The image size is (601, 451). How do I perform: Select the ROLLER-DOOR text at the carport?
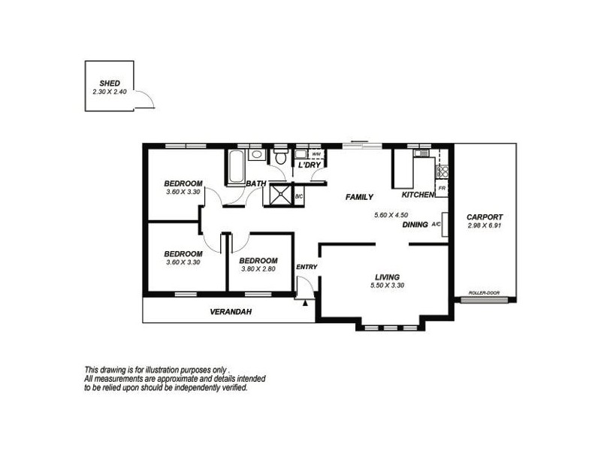point(483,293)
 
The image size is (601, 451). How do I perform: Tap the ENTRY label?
point(307,267)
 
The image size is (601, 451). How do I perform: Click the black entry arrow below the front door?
point(304,304)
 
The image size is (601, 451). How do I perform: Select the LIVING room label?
point(388,277)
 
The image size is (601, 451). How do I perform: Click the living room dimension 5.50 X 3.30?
point(388,286)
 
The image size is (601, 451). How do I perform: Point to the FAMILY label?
point(359,197)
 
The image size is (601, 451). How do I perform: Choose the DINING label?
point(415,224)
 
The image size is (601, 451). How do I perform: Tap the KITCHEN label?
point(418,195)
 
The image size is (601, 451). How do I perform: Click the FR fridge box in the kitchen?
point(442,188)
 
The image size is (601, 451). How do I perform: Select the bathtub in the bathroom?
point(234,167)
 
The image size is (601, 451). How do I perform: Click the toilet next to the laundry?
point(280,158)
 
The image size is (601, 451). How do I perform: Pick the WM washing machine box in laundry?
point(316,153)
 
